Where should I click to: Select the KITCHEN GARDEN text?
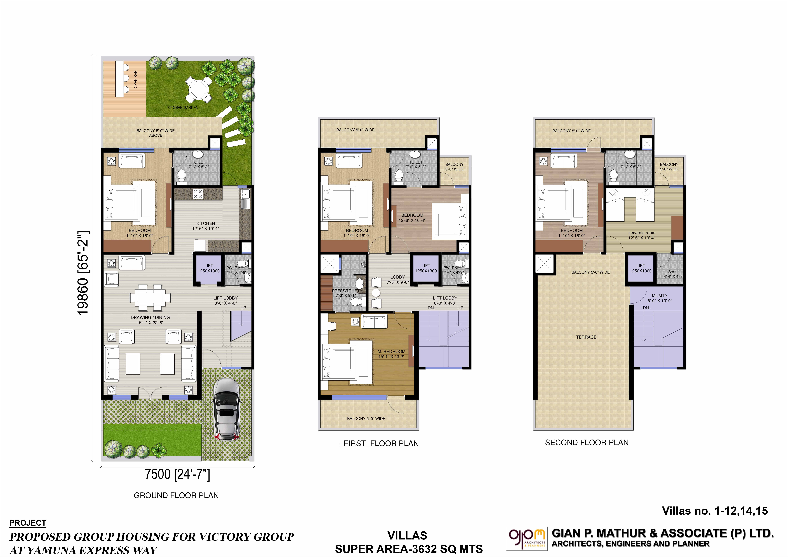point(183,107)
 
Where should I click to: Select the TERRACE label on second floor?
point(586,337)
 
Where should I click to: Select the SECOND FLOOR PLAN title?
point(587,442)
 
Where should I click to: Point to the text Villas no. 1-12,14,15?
point(715,511)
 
